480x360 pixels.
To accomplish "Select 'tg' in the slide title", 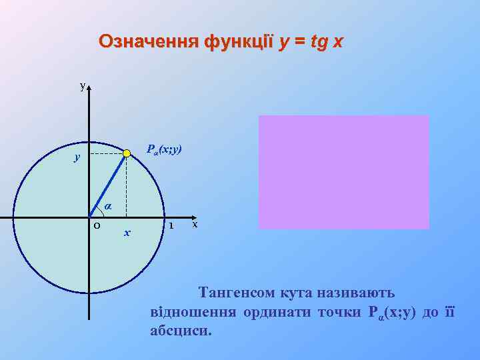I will [320, 42].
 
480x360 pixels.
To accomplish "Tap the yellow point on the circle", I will [127, 154].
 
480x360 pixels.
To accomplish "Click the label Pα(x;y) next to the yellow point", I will [164, 150].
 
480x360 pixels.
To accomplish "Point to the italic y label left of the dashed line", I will [77, 157].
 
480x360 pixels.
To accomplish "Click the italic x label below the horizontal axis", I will [127, 233].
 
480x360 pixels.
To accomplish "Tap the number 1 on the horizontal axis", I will [171, 225].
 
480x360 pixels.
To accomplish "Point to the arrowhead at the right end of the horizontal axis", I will [187, 217].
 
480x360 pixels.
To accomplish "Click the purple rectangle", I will [343, 172].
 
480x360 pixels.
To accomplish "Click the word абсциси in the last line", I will [181, 330].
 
